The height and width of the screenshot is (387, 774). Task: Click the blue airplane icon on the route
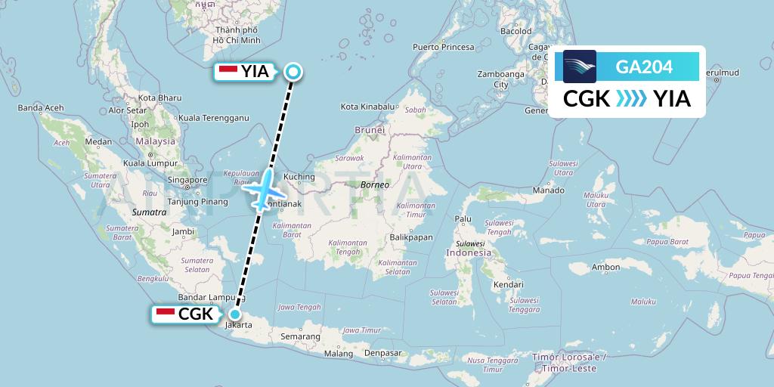264,189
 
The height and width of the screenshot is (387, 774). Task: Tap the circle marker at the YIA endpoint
293,72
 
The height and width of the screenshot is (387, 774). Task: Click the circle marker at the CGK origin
236,314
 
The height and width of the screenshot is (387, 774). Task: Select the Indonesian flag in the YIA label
228,72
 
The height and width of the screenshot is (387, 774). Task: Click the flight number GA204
644,67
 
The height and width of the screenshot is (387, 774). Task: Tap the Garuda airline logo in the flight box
580,67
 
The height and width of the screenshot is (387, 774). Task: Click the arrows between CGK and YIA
632,98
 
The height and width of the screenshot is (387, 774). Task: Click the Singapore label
188,179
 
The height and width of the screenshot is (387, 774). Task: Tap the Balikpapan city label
411,237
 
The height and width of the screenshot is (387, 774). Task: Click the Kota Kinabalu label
368,107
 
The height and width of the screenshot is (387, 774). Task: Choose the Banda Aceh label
41,107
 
